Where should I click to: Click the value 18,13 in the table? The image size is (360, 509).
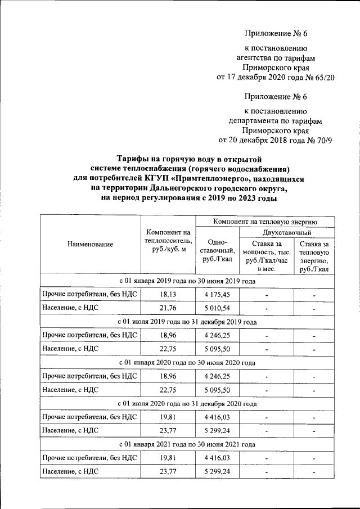click(x=168, y=294)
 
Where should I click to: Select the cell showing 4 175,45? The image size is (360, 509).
click(x=217, y=294)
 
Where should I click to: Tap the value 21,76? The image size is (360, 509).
click(x=168, y=308)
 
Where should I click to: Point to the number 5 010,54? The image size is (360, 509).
click(x=217, y=308)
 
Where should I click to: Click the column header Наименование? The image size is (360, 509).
click(x=90, y=244)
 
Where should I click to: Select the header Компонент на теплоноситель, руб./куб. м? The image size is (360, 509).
click(x=168, y=241)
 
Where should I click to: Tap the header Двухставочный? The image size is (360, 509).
click(x=287, y=232)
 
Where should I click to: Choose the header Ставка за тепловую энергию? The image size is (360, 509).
click(x=314, y=256)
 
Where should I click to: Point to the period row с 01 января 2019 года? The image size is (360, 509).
click(x=187, y=281)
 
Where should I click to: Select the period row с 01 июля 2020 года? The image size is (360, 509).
click(x=187, y=404)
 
